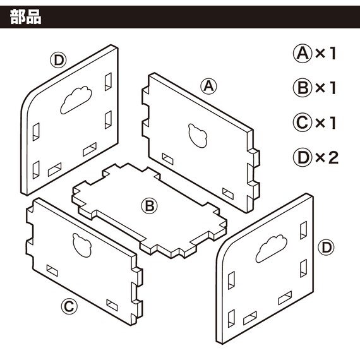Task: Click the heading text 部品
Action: (x=26, y=17)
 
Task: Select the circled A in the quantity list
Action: (x=303, y=54)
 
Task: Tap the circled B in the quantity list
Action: (x=303, y=88)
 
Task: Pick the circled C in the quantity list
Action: (x=303, y=123)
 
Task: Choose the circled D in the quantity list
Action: (x=303, y=157)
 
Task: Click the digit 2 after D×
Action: (x=333, y=157)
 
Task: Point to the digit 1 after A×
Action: (x=333, y=54)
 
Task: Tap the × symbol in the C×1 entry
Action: (x=320, y=123)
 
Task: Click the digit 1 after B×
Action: (x=333, y=88)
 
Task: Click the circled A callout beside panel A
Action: (x=208, y=87)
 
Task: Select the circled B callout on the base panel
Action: (x=149, y=206)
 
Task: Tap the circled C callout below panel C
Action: (x=69, y=306)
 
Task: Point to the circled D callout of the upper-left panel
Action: (x=58, y=61)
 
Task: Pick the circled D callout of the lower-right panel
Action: (x=326, y=248)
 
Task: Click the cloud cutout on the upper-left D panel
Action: (x=76, y=100)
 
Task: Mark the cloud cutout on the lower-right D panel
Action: (x=271, y=248)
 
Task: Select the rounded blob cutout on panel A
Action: (x=198, y=135)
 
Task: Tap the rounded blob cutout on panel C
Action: (x=82, y=245)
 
